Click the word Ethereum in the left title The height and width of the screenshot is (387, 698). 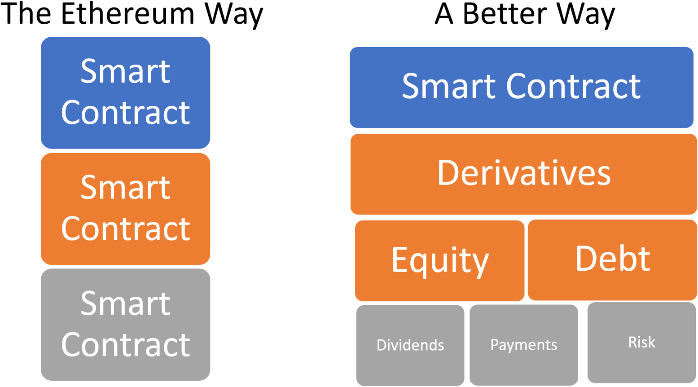tap(128, 14)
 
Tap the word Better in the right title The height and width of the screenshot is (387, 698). tap(505, 14)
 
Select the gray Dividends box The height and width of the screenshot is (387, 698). tap(410, 345)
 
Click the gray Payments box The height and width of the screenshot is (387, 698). tap(524, 345)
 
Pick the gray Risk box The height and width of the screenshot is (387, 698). tap(642, 343)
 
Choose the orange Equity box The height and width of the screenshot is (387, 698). tap(440, 261)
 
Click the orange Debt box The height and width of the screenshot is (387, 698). tap(612, 260)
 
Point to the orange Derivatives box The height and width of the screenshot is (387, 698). tap(524, 174)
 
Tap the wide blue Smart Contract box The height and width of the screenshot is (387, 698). tap(522, 88)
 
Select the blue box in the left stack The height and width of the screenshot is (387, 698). tap(125, 93)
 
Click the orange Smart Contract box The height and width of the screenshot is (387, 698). tap(125, 209)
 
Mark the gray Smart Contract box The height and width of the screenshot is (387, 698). tap(125, 325)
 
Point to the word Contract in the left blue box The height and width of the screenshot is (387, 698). tap(125, 113)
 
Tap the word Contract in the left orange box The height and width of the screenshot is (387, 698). tap(125, 229)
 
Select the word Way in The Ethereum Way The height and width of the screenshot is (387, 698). tap(234, 16)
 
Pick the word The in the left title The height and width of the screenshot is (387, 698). tap(26, 14)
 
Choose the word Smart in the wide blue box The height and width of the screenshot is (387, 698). tap(449, 86)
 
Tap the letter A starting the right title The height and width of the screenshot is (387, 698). tap(444, 14)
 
